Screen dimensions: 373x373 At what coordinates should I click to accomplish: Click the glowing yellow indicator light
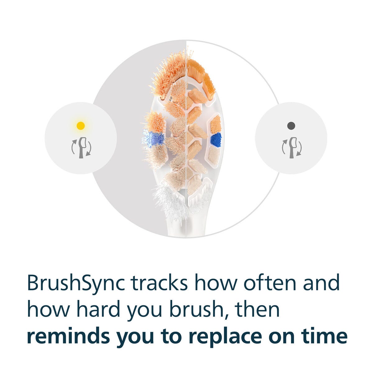pyautogui.click(x=81, y=126)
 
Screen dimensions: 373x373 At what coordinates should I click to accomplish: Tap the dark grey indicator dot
pyautogui.click(x=291, y=126)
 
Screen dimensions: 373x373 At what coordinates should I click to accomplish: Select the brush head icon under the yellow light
pyautogui.click(x=81, y=148)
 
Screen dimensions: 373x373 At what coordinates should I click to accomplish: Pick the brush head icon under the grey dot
pyautogui.click(x=292, y=148)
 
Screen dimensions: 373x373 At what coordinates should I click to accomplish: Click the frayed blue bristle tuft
pyautogui.click(x=154, y=138)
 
